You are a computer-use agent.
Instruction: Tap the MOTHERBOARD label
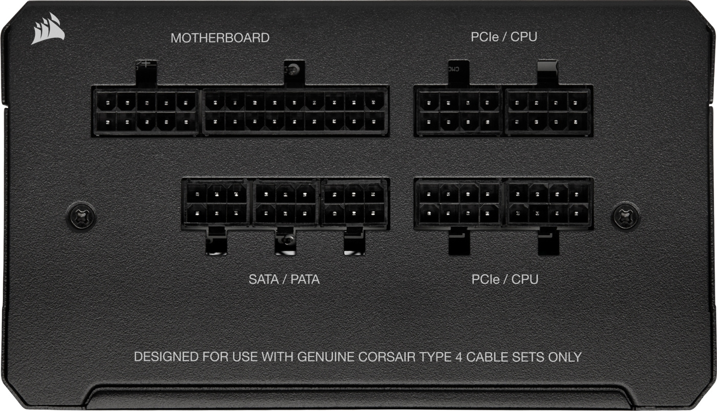click(220, 38)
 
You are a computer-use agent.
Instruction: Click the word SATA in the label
click(264, 279)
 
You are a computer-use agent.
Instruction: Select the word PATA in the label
click(305, 279)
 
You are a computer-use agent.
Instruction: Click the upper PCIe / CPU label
click(504, 37)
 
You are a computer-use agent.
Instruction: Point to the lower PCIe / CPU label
click(505, 279)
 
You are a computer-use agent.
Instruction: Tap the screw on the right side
click(625, 216)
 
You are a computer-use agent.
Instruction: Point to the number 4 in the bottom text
click(459, 357)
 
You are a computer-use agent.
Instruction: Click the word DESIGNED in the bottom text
click(166, 357)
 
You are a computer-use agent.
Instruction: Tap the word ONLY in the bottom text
click(565, 357)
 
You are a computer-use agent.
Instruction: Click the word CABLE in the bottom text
click(487, 357)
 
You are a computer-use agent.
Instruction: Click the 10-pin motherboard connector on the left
click(145, 112)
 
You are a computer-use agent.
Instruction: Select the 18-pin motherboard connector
click(295, 112)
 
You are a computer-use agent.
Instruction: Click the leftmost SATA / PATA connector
click(217, 203)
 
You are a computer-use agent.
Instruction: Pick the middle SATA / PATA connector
click(286, 203)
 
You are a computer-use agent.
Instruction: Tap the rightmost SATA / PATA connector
click(354, 203)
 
